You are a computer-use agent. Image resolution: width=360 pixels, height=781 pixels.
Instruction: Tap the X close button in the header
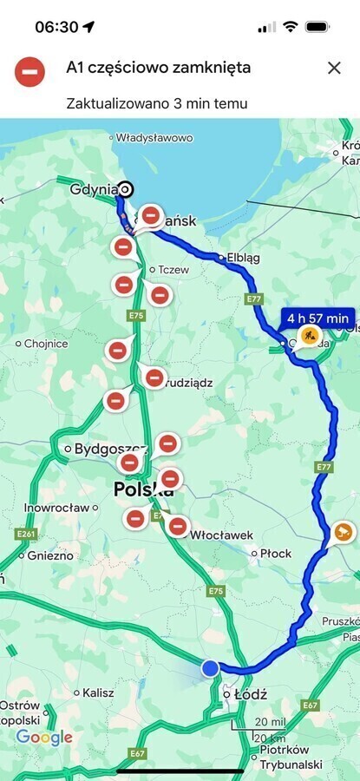click(x=334, y=68)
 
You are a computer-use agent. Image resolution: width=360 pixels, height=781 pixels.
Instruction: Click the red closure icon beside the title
click(x=30, y=71)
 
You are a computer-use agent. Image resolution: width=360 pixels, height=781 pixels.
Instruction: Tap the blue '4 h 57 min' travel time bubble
click(x=318, y=318)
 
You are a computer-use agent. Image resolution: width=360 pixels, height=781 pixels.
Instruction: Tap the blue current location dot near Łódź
click(x=210, y=667)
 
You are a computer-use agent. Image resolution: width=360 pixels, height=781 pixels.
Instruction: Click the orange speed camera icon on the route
click(x=343, y=532)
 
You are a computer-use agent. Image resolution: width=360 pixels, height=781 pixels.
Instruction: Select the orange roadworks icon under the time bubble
click(x=309, y=336)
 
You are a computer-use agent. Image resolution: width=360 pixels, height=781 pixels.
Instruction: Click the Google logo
click(x=44, y=738)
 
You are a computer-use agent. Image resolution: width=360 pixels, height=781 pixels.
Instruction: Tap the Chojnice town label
click(x=46, y=344)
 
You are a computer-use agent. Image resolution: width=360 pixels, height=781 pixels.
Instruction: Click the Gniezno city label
click(x=49, y=555)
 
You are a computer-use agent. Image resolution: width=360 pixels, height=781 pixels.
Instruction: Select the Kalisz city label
click(x=98, y=692)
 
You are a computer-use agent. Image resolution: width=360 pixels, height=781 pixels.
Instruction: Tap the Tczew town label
click(x=173, y=269)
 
